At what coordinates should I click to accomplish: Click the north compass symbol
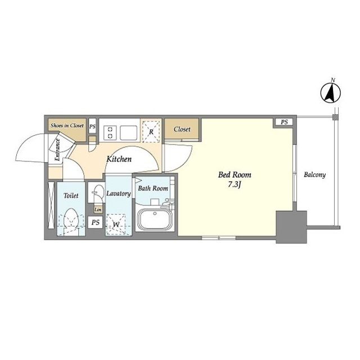coord(330,93)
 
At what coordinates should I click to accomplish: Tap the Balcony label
coord(314,175)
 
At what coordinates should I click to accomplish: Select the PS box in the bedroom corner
coord(284,122)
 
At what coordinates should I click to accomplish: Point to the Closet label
coord(182,129)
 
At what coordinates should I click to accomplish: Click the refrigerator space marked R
coord(151,132)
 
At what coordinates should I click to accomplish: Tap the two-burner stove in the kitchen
coord(110,133)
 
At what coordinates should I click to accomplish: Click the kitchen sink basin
coord(128,133)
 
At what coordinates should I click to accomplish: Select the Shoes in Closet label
coord(67,125)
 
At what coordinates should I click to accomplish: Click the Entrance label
coord(57,150)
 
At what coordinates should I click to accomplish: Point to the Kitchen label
coord(119,159)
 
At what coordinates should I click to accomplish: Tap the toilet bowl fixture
coord(71,220)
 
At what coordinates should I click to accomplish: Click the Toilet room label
coord(71,196)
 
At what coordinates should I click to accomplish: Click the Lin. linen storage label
coord(98,209)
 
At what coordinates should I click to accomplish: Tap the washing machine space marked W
coord(116,224)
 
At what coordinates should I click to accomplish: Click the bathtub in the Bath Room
coord(155,220)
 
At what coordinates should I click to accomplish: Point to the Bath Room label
coord(153,188)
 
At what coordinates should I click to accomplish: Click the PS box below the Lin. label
coord(95,222)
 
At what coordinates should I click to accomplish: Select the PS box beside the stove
coord(92,126)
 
